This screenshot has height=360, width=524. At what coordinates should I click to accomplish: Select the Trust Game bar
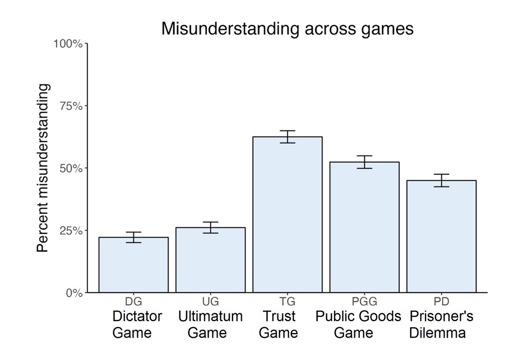287,214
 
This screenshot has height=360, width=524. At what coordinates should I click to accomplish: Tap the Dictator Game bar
134,264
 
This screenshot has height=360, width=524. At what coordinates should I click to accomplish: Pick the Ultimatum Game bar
210,260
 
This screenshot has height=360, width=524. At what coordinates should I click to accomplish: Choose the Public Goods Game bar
364,227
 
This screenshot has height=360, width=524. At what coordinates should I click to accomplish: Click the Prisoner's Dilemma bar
441,236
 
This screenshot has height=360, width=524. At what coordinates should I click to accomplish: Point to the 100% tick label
68,44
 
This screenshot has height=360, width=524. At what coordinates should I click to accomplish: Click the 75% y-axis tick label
70,106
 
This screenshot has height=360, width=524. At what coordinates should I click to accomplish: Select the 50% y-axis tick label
70,168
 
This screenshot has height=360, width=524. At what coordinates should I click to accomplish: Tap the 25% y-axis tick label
70,231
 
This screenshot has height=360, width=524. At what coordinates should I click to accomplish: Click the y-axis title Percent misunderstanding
43,168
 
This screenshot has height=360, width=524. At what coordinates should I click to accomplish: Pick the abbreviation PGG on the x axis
364,301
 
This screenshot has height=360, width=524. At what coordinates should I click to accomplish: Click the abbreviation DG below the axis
134,301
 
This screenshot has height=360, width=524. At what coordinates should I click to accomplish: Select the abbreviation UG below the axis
210,301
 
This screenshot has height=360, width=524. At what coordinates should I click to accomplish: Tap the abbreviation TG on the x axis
287,301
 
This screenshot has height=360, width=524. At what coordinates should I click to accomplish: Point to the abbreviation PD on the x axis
441,301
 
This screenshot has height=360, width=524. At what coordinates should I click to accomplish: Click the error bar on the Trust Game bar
287,136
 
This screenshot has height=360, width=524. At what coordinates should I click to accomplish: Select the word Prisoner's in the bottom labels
441,316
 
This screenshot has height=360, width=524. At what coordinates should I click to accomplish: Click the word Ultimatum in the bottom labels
210,316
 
